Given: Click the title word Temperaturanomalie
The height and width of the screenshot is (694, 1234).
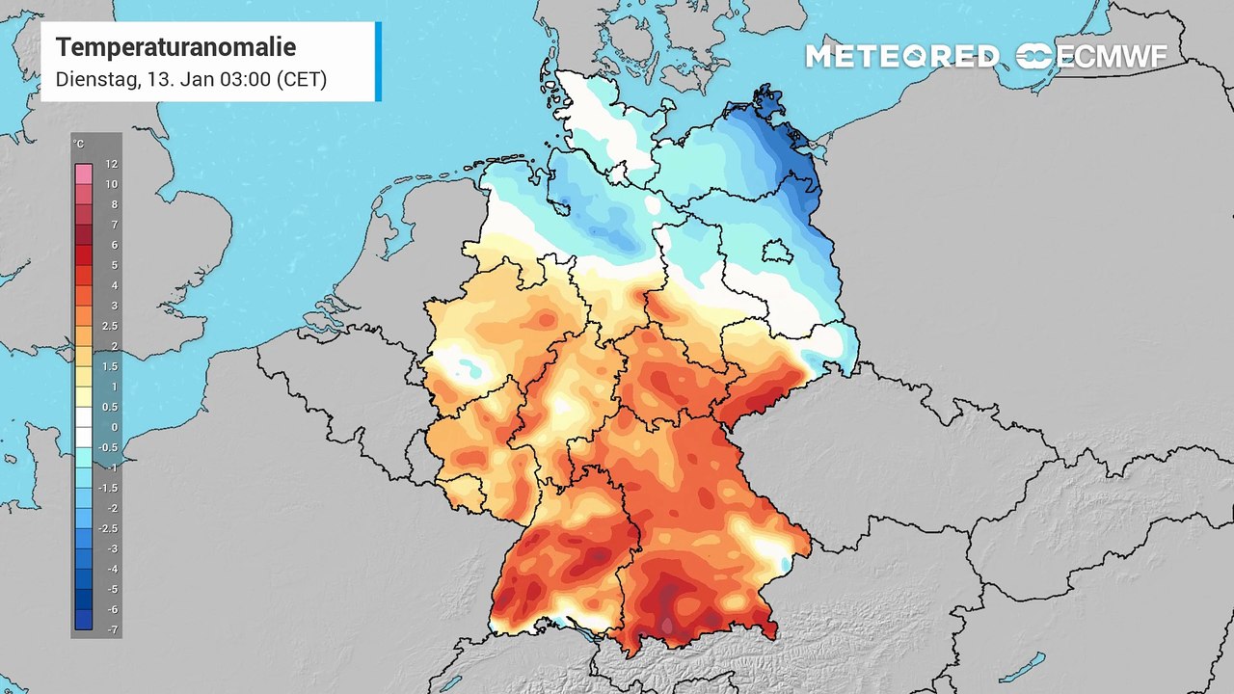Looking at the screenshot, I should pos(175,47).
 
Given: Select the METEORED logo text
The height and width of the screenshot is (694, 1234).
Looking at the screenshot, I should pos(901,57).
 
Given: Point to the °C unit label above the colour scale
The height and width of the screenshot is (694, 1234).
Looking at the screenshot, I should pos(78,145).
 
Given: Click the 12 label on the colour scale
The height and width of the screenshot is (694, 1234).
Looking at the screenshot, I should pos(112,164).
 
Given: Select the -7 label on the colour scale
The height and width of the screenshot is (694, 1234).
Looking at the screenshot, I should pos(112,629).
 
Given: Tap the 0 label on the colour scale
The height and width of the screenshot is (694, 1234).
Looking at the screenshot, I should pos(113,427).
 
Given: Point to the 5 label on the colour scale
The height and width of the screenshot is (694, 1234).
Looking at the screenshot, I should pos(113,265).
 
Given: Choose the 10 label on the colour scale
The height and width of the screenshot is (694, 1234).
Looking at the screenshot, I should pos(112,184).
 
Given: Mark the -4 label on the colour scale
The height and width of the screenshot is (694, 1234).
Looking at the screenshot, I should pos(112,569).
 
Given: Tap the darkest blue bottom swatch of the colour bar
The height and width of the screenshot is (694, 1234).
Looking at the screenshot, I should pos(84,620).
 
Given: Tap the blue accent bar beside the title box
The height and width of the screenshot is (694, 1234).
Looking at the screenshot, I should pos(378,62).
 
